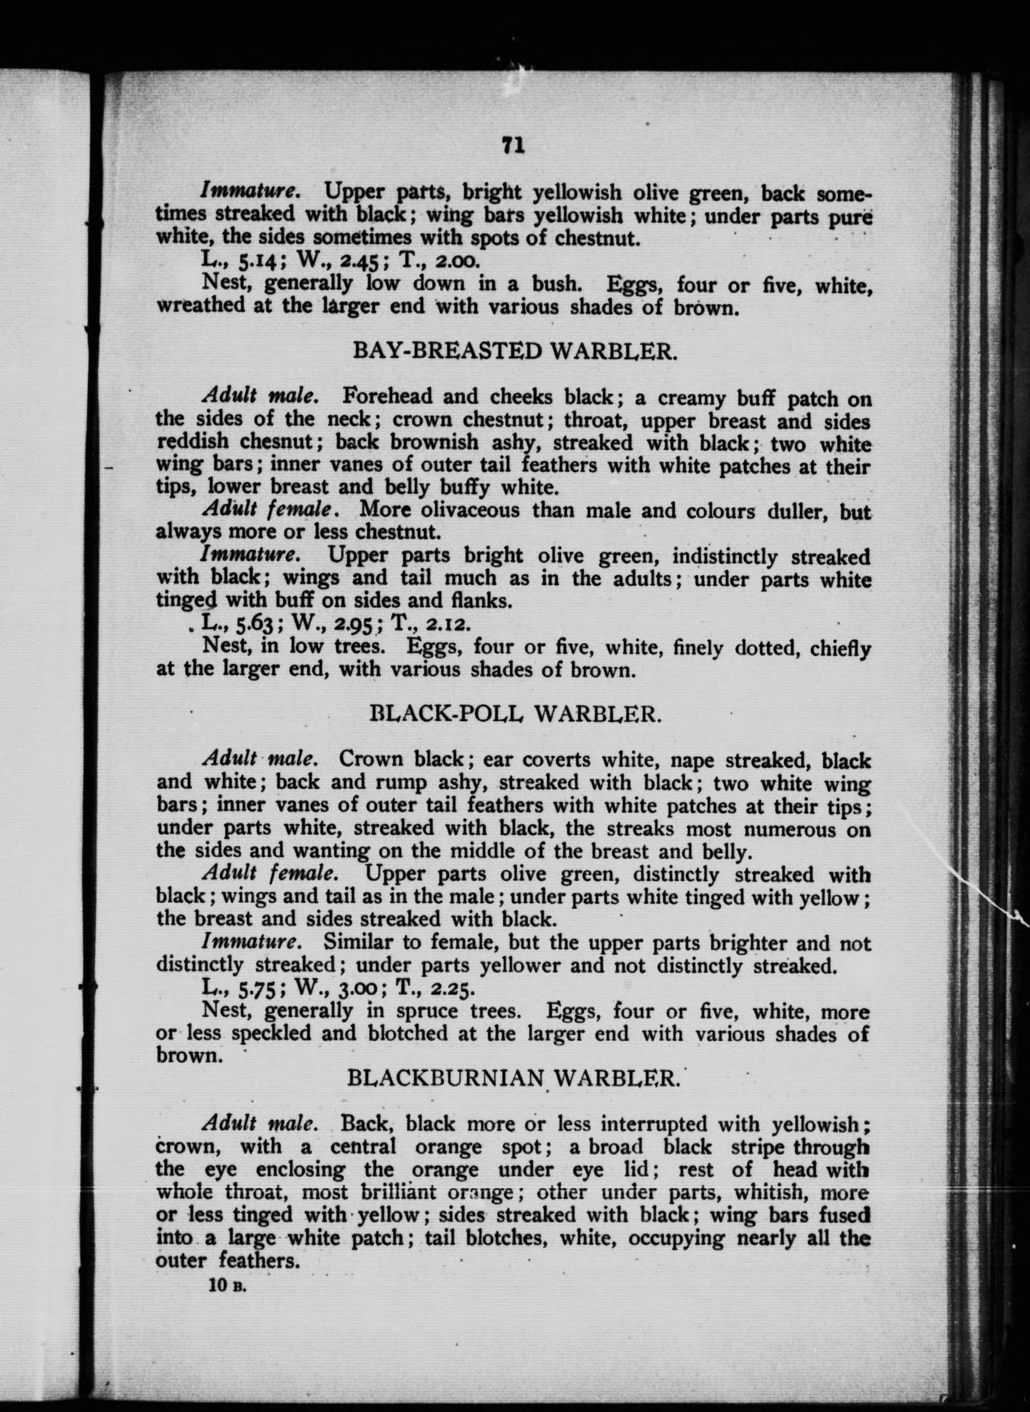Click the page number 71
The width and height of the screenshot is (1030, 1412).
(x=513, y=145)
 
